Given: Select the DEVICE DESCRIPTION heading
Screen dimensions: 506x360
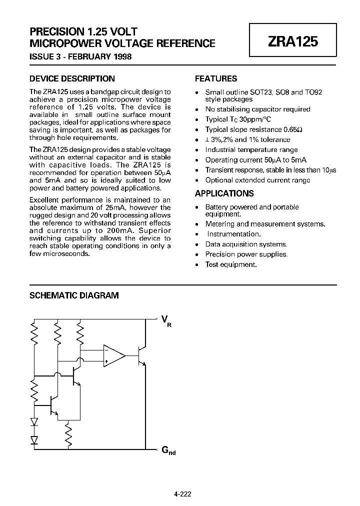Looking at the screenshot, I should [x=72, y=78].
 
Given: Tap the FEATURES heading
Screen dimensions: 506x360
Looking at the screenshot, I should [x=215, y=78].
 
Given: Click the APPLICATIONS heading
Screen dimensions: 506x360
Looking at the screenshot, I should [x=224, y=193].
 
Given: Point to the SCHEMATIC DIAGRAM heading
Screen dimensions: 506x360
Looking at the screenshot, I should [x=74, y=295].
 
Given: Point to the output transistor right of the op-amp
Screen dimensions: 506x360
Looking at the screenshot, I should [x=142, y=356].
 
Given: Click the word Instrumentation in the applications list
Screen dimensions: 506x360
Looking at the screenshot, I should [x=233, y=234].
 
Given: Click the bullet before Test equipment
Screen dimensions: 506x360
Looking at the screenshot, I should [x=197, y=264].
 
